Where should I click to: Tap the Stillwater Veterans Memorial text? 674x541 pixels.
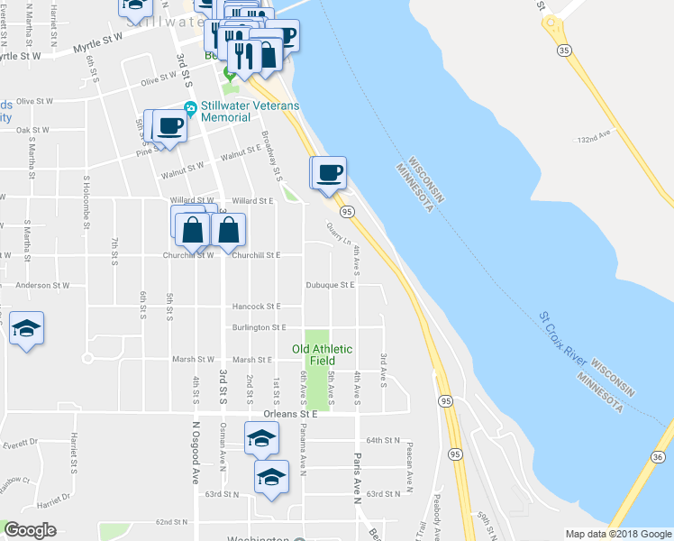[250, 111]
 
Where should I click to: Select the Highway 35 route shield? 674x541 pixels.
[563, 50]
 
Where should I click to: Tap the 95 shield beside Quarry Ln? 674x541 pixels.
[347, 211]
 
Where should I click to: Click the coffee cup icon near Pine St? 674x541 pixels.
[168, 126]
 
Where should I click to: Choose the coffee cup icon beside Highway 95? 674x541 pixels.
[329, 172]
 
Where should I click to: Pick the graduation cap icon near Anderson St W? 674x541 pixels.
[27, 329]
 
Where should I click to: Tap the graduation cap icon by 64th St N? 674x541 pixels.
[262, 438]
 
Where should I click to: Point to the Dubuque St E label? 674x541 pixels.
[331, 284]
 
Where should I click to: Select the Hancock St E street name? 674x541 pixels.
[257, 307]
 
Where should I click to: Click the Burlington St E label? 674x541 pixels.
[259, 327]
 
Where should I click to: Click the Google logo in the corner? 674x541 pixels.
[30, 530]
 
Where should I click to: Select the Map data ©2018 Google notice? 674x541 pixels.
[618, 534]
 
